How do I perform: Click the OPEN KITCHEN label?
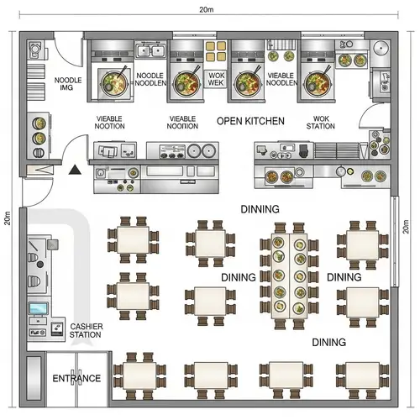[x=250, y=121]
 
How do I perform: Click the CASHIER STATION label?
[x=86, y=330]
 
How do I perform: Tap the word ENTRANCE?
[x=76, y=379]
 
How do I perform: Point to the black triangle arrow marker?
[x=76, y=170]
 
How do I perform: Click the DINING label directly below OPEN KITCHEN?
[x=260, y=209]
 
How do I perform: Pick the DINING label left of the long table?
[x=238, y=277]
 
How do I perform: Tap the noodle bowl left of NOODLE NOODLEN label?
[x=113, y=82]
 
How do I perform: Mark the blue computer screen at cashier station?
[x=39, y=309]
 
